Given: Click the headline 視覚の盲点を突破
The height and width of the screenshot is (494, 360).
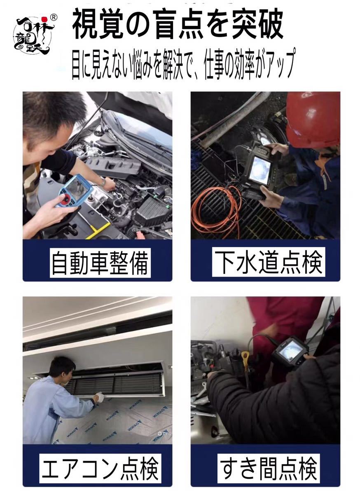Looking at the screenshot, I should tap(178, 26).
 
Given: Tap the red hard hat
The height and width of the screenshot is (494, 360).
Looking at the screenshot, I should tap(313, 119).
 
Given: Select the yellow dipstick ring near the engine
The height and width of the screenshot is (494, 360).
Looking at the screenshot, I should tap(245, 355).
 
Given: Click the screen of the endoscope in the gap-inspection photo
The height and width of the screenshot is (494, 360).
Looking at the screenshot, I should tap(291, 351).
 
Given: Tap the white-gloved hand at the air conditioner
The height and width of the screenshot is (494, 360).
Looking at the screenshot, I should tap(99, 397).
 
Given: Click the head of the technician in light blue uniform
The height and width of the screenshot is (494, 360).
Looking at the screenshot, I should tap(62, 368).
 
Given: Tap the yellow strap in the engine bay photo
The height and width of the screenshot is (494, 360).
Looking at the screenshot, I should tap(98, 231).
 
